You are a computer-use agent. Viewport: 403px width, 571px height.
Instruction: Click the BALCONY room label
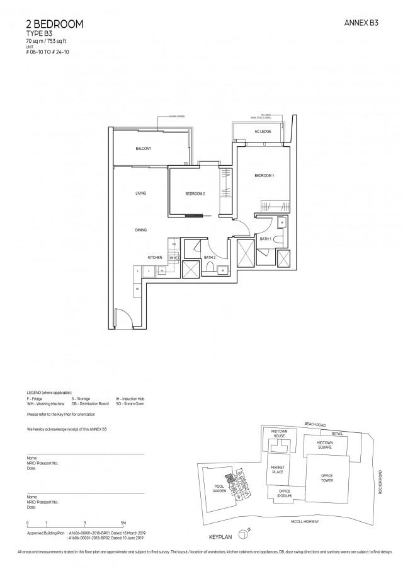[143, 149]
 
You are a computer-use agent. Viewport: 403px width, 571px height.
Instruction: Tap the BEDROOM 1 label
[264, 176]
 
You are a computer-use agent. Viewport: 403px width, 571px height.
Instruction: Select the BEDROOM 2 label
[195, 193]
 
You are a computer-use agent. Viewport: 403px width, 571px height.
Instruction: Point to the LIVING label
[140, 193]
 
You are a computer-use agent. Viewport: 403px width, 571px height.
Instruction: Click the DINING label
[140, 230]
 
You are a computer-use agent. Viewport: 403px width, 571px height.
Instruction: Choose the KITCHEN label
[155, 258]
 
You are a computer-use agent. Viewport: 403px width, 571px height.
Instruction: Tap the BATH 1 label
[265, 239]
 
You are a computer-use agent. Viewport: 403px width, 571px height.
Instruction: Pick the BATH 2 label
[210, 258]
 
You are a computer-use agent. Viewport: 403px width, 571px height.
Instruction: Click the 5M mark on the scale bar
[124, 524]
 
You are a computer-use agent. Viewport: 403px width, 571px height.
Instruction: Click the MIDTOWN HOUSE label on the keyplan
[279, 434]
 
